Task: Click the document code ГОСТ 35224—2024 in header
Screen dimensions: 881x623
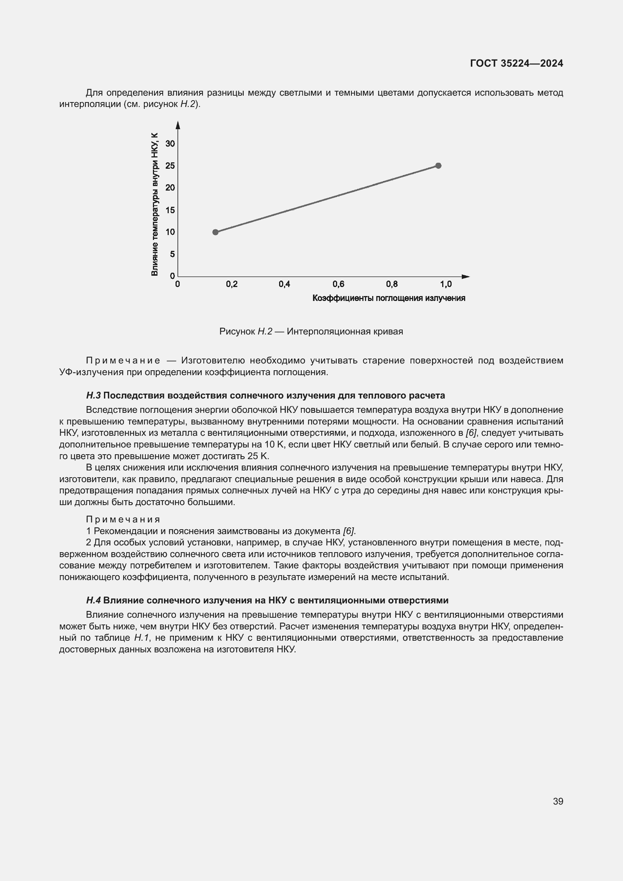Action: (x=516, y=64)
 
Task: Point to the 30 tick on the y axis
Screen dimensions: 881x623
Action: (x=170, y=144)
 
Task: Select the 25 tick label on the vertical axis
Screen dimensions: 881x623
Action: (x=170, y=166)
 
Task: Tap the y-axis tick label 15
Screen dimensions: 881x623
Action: (x=170, y=210)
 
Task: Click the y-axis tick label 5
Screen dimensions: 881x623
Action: (x=172, y=254)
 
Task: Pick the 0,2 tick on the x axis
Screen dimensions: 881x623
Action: (x=232, y=284)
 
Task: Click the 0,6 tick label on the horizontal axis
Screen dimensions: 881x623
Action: (x=338, y=284)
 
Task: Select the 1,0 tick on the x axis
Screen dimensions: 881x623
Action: (x=446, y=284)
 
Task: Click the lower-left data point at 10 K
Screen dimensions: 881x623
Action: (x=215, y=232)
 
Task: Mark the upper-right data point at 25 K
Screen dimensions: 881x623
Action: (x=438, y=166)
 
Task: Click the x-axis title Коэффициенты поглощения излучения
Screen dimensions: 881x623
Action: (x=389, y=298)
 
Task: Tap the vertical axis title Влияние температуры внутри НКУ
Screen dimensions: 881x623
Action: (x=154, y=204)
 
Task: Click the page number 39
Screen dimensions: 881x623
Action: (x=558, y=801)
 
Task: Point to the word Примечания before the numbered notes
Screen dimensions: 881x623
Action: (x=123, y=519)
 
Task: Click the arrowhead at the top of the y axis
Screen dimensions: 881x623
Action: (x=178, y=125)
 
